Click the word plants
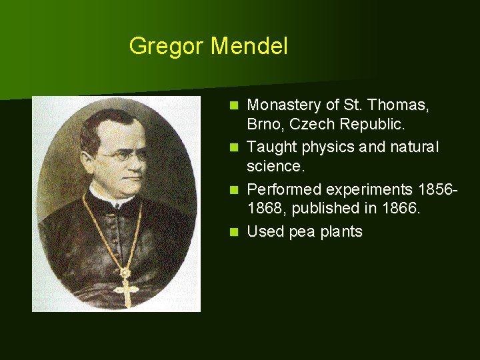coord(341,232)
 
